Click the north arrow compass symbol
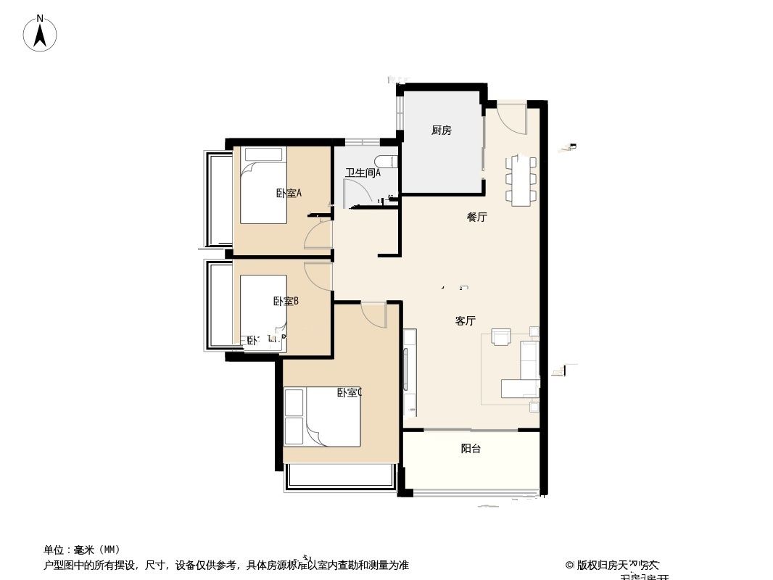[41, 33]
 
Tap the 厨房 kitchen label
[441, 130]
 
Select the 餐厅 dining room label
[476, 217]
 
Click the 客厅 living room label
[465, 321]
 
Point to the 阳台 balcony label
[471, 449]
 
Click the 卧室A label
[289, 193]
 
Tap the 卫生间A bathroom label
[363, 173]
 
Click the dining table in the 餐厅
[523, 180]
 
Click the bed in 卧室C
[332, 417]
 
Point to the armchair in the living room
[502, 337]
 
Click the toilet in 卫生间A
[384, 163]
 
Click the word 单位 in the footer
[55, 550]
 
